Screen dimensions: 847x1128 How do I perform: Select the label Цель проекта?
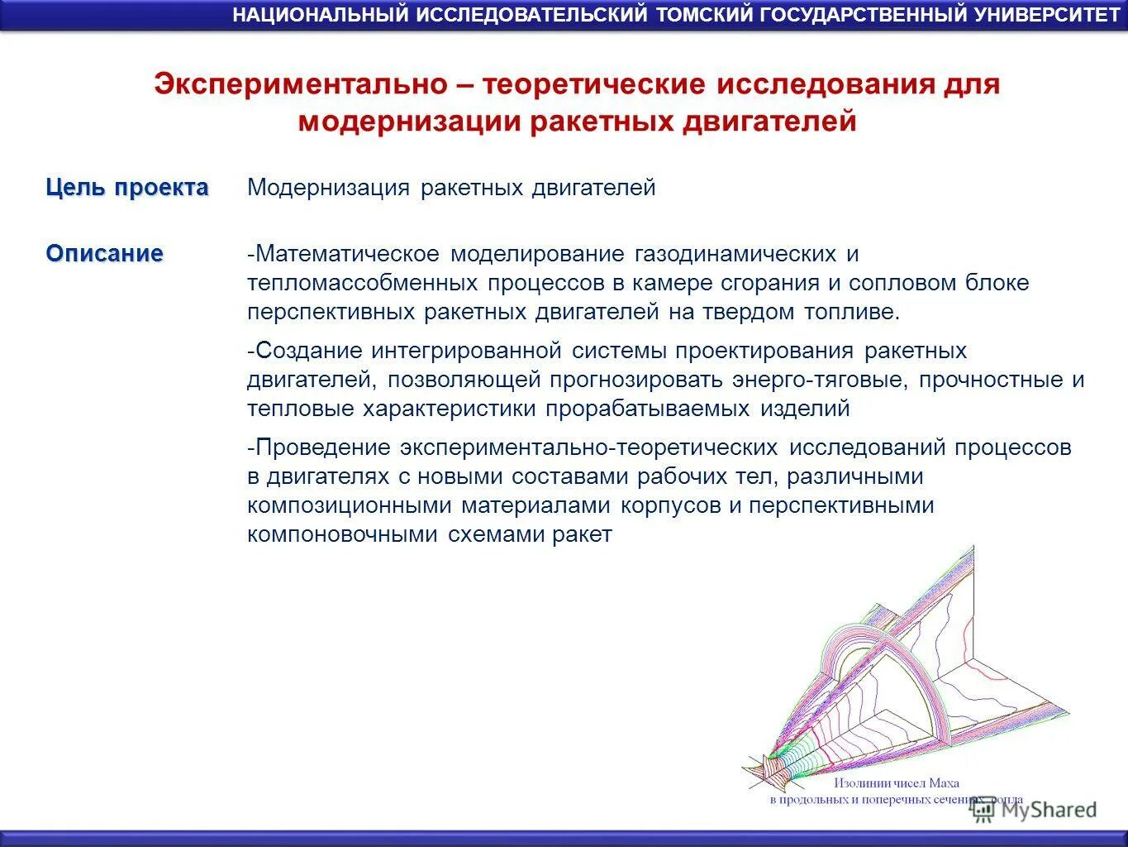[127, 188]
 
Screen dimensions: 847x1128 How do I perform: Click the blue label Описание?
[105, 253]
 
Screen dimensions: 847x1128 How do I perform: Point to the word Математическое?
[346, 253]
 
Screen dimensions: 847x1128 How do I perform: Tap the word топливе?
[852, 312]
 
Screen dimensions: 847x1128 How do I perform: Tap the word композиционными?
[349, 505]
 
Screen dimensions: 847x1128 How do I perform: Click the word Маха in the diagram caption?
[944, 782]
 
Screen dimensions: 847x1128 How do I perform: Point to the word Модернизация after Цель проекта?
[329, 188]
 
